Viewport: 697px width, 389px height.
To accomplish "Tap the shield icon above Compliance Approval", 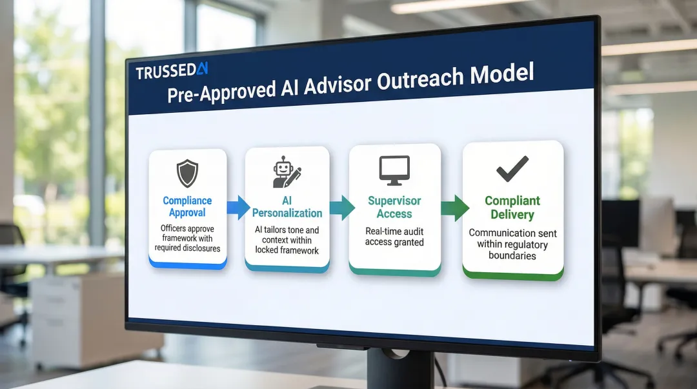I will (187, 174).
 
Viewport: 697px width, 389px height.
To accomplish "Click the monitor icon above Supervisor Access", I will (394, 170).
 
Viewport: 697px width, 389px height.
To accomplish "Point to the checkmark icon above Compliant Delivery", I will (512, 169).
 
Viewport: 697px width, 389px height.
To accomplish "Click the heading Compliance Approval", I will (187, 206).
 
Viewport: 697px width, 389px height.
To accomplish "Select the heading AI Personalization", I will (287, 206).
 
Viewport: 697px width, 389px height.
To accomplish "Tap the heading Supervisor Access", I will (394, 207).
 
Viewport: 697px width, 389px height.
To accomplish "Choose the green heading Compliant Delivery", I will (512, 208).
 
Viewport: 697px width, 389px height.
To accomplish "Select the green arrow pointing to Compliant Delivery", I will (454, 208).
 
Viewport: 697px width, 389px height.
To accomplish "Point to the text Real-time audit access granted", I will (394, 237).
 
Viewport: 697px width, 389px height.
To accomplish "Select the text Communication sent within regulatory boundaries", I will (512, 244).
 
